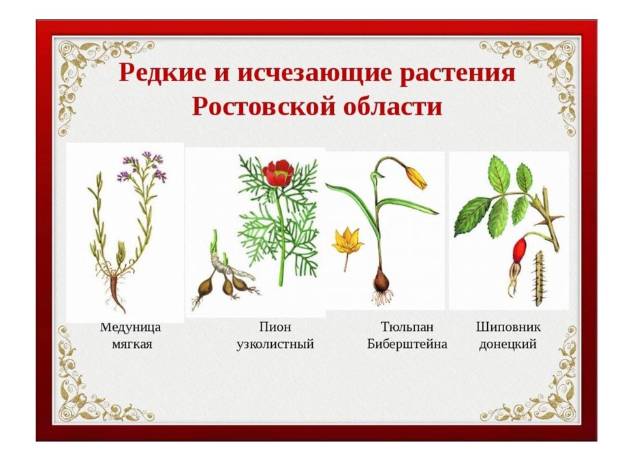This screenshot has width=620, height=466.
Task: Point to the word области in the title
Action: (x=394, y=106)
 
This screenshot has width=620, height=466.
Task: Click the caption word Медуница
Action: (x=130, y=327)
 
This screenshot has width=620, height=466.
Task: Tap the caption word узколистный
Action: (x=275, y=344)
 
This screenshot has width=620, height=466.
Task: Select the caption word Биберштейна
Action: (x=407, y=344)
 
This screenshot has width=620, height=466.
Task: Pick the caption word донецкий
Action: (x=508, y=344)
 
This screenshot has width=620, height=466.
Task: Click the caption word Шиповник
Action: (x=508, y=327)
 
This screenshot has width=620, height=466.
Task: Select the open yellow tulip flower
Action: (x=346, y=241)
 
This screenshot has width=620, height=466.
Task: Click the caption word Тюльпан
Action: (x=407, y=327)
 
